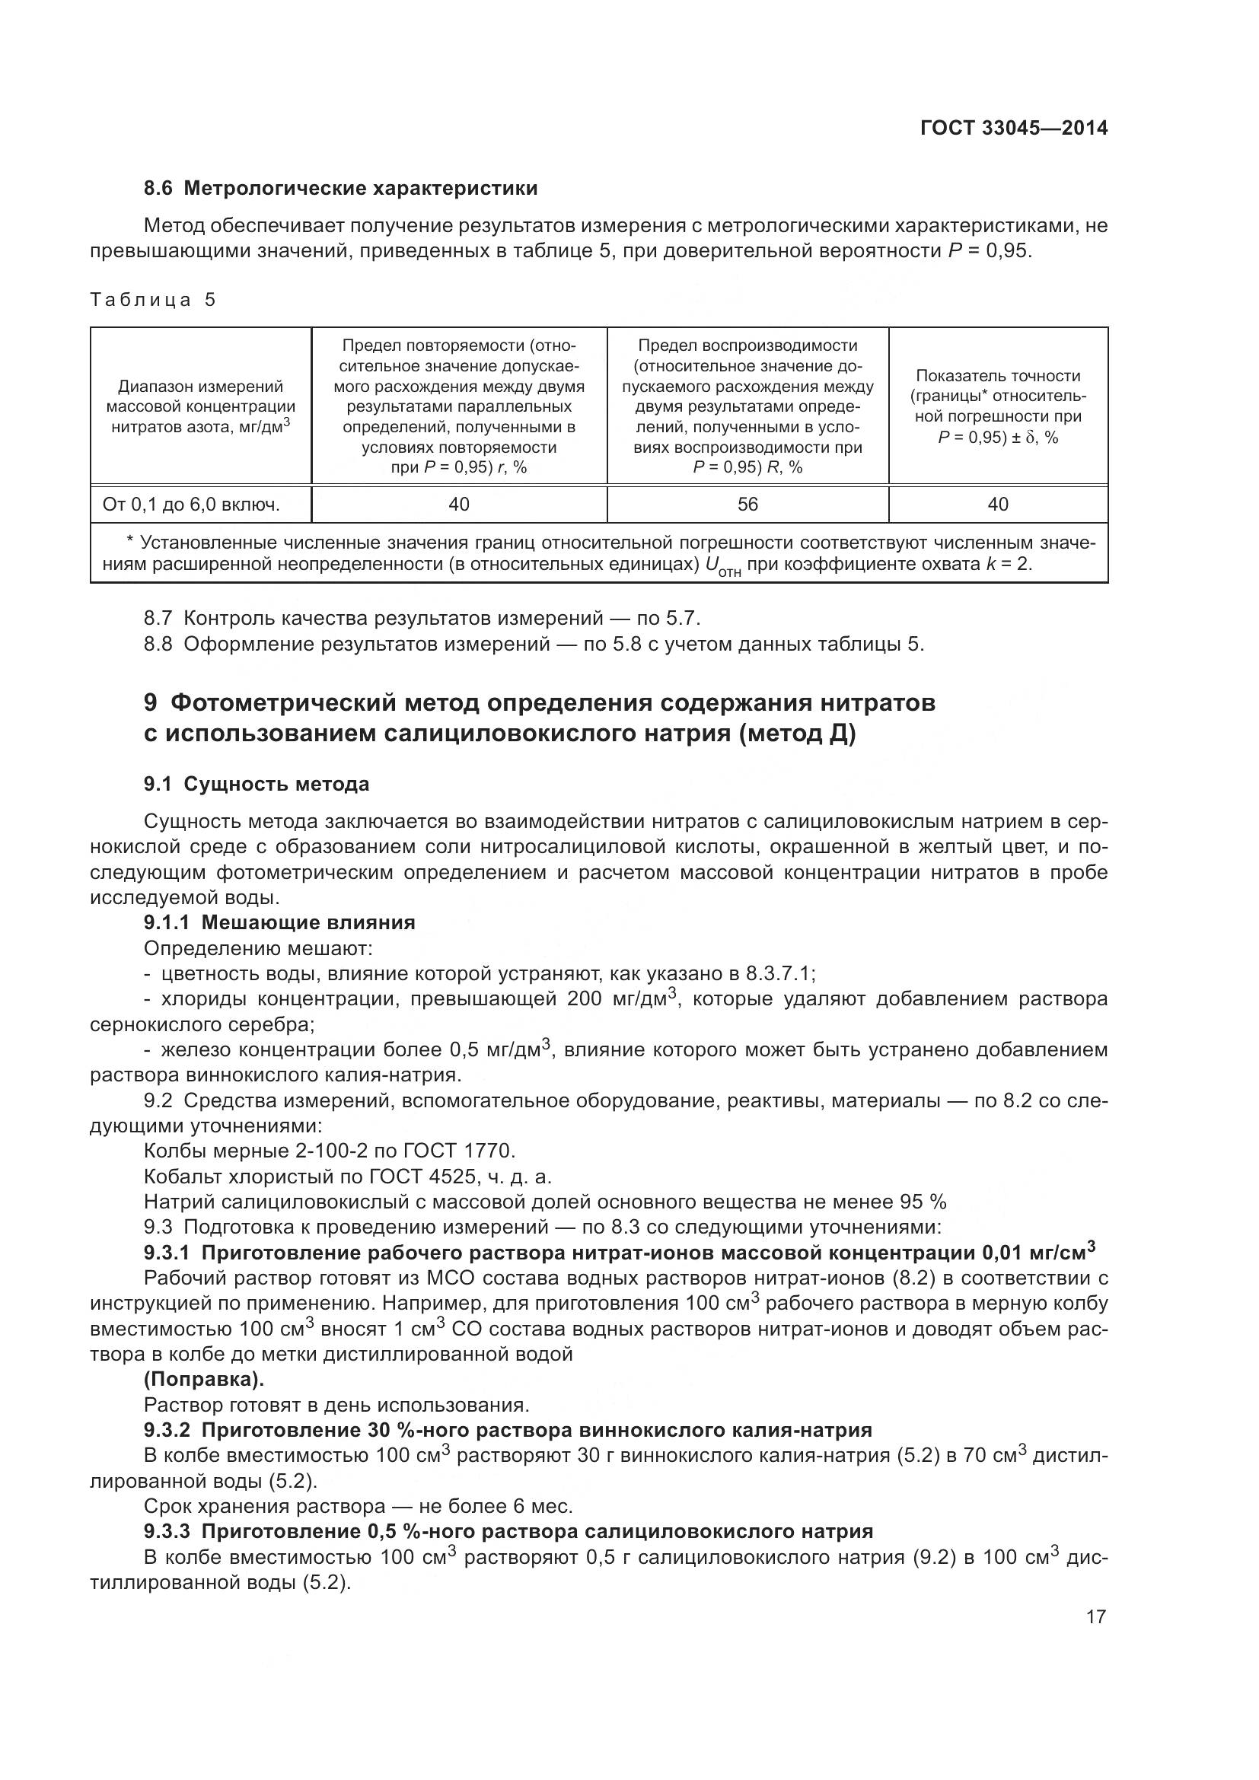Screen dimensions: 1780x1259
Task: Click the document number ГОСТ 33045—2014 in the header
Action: coord(1013,128)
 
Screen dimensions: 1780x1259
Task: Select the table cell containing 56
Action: coord(747,505)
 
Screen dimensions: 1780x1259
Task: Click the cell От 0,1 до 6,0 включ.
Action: coord(191,505)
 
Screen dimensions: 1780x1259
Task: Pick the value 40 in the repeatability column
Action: coord(459,505)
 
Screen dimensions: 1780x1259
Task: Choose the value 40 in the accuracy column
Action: coord(998,505)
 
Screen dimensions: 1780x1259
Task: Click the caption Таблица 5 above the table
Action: coord(153,300)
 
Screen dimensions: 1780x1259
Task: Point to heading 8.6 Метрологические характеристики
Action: coord(340,189)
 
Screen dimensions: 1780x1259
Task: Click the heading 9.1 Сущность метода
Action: coord(257,784)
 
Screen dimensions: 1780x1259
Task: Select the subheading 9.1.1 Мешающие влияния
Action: coord(280,922)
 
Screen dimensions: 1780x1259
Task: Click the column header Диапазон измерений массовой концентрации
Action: coord(201,406)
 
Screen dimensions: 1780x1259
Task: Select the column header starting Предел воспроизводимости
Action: coord(747,406)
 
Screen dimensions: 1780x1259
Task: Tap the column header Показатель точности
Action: coord(998,406)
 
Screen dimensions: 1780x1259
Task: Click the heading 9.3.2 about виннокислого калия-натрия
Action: coord(508,1430)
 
